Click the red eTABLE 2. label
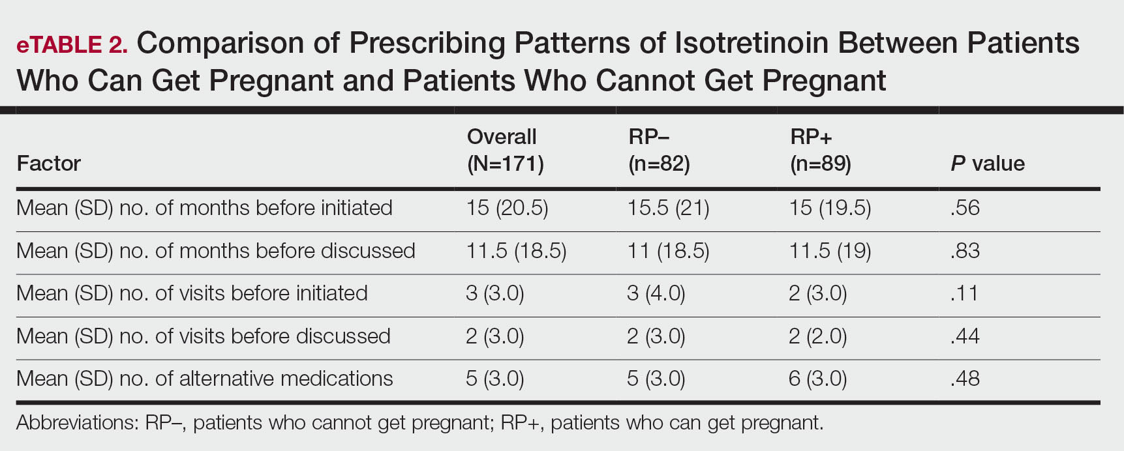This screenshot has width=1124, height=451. [x=72, y=44]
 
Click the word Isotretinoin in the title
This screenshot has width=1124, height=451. [x=750, y=43]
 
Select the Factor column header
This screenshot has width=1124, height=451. [x=48, y=163]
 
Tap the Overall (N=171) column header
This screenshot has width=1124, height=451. [x=505, y=150]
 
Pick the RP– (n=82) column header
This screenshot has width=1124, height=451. [x=659, y=150]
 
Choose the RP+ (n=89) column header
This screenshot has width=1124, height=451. [x=820, y=150]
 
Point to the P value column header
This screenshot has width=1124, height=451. [x=987, y=163]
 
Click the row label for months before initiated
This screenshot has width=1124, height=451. [x=204, y=208]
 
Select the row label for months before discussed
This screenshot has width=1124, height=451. [x=216, y=251]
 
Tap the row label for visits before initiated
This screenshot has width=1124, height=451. [x=192, y=293]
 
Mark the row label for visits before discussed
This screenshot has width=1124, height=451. [x=204, y=336]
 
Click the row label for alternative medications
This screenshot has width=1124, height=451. [x=205, y=379]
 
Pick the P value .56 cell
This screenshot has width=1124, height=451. [x=965, y=208]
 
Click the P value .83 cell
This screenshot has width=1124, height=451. [x=965, y=251]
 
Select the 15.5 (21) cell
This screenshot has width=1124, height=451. [x=669, y=208]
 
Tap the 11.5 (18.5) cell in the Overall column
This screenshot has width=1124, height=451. [x=516, y=251]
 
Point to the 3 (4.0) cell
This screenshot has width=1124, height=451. [x=656, y=293]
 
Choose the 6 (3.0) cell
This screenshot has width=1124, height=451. [x=818, y=379]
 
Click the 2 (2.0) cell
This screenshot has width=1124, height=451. [x=818, y=336]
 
